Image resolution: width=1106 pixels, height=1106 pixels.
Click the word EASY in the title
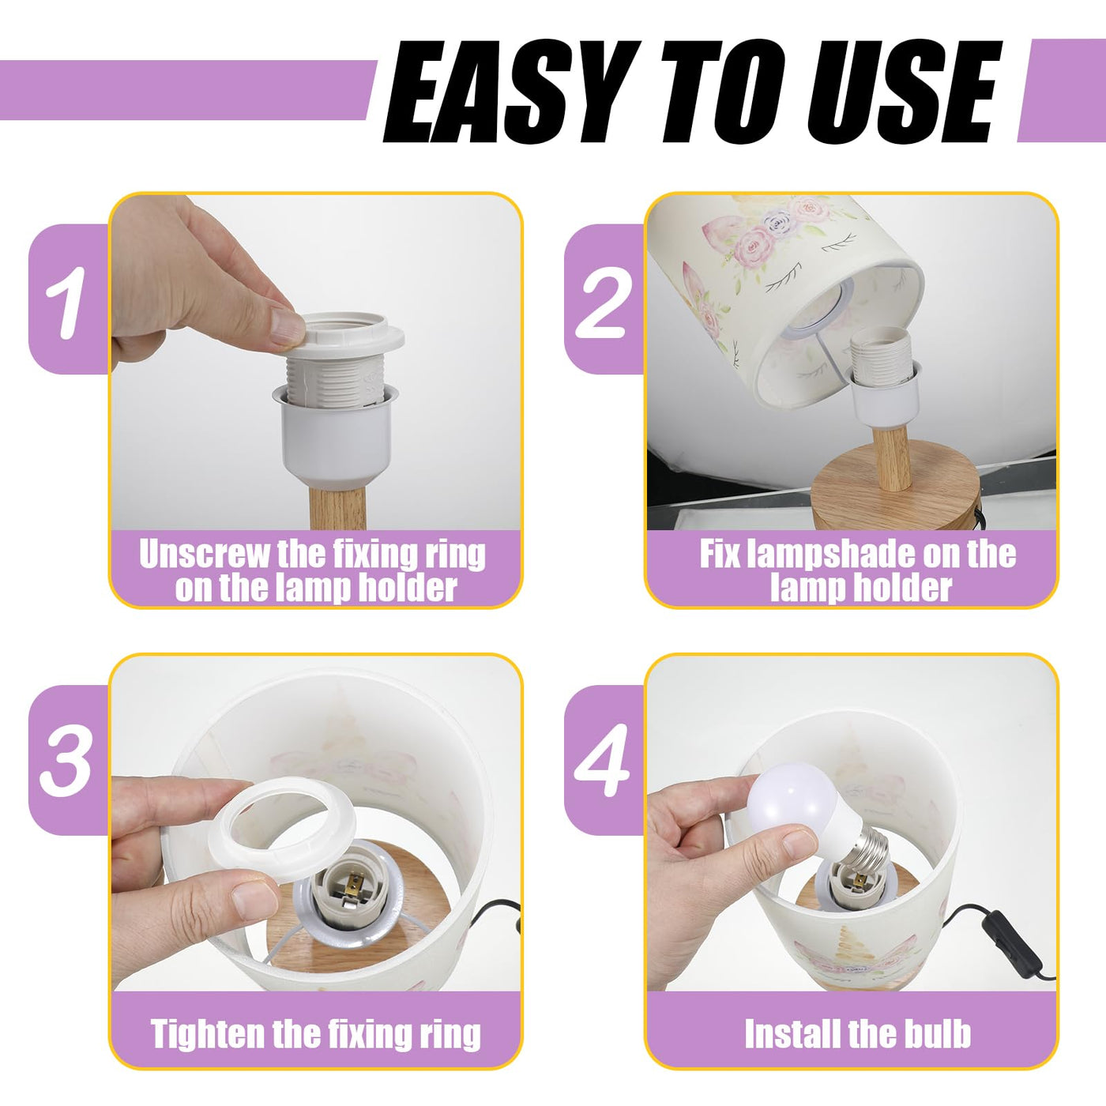[510, 92]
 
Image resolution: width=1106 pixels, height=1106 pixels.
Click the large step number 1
[66, 303]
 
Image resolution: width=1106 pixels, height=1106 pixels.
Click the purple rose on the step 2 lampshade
[780, 220]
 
